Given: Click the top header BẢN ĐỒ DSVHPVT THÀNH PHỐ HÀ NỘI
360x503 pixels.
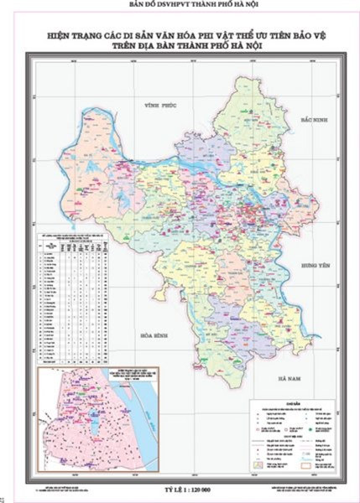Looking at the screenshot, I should (x=180, y=5).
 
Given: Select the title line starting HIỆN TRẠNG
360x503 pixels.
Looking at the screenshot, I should (x=180, y=35).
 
